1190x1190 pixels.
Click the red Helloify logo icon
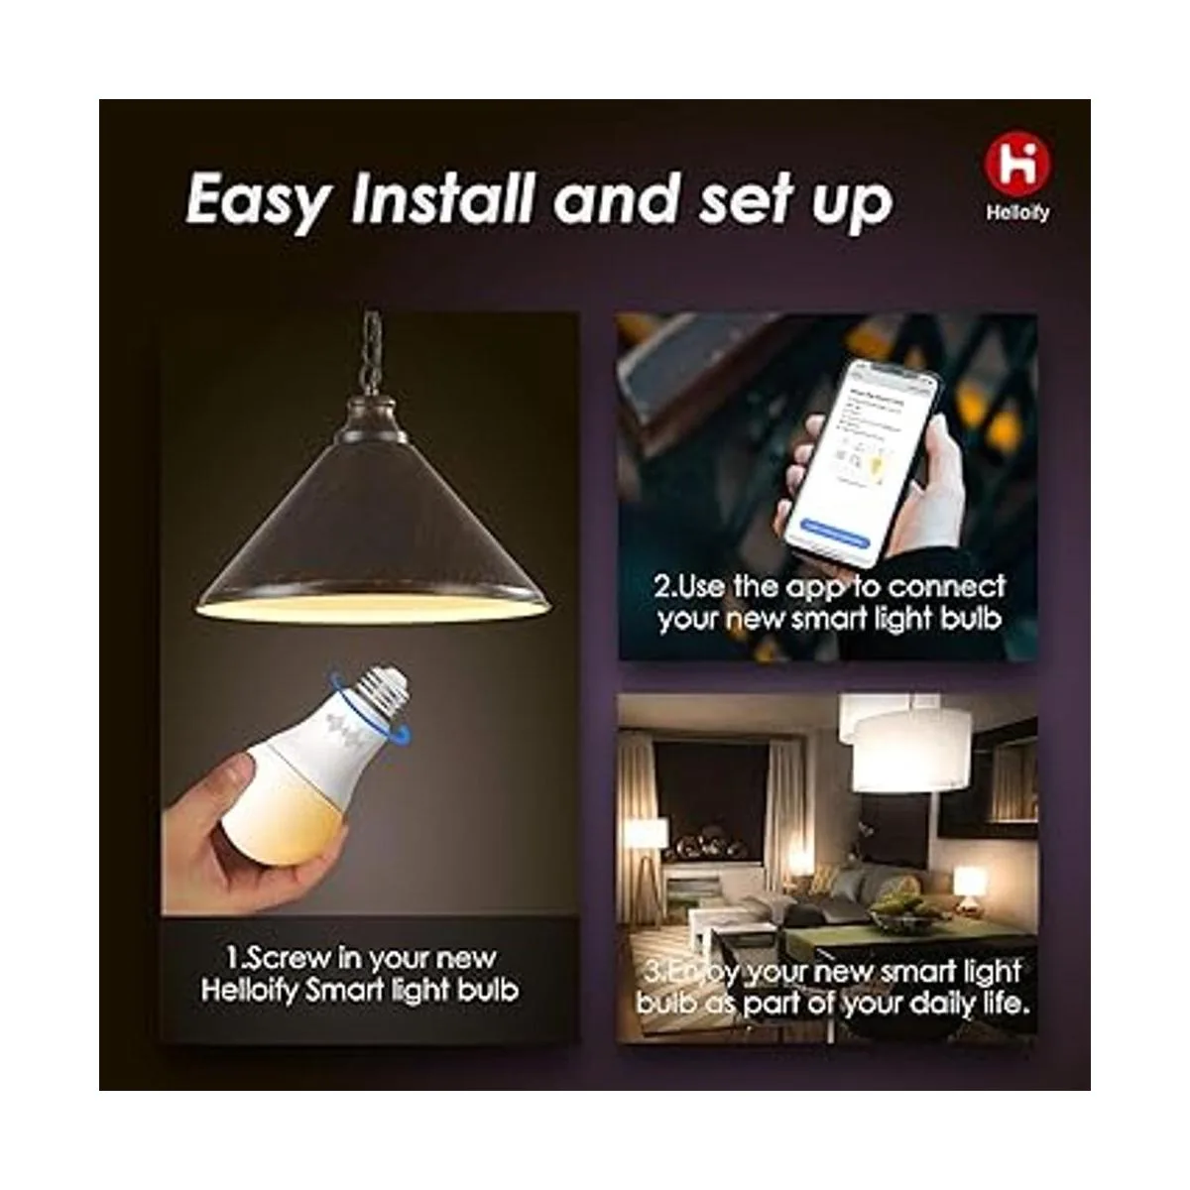tap(1016, 166)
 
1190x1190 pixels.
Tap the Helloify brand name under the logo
tap(1016, 213)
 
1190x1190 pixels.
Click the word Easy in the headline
tap(257, 201)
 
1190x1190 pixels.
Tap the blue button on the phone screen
tap(834, 531)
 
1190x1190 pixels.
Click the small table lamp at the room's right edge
tap(969, 882)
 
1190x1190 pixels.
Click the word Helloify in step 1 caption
tap(248, 991)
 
